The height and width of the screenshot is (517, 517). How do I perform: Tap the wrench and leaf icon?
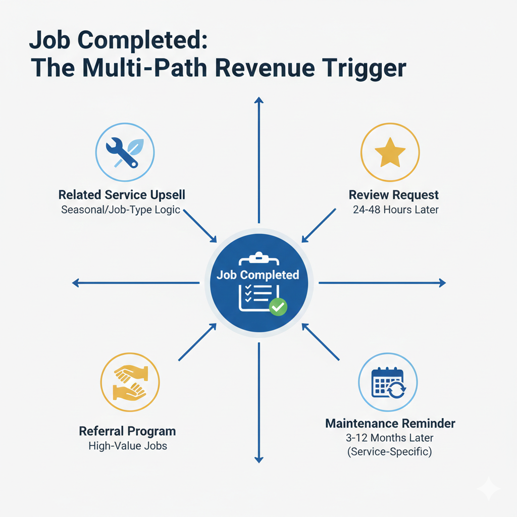click(x=125, y=152)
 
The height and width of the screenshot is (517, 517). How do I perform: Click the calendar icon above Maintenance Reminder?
click(x=388, y=382)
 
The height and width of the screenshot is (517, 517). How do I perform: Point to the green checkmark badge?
click(x=277, y=306)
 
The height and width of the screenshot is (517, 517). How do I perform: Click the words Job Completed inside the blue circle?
click(x=258, y=275)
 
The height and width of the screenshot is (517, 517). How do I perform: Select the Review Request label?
click(x=394, y=195)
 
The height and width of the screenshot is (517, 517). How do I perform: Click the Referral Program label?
click(x=127, y=431)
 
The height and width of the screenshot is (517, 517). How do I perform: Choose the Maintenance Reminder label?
click(x=390, y=423)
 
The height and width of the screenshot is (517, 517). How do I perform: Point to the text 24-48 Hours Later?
click(x=396, y=210)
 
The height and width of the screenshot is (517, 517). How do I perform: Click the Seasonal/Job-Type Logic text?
click(x=121, y=209)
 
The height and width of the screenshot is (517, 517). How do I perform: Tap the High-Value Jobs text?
click(x=127, y=446)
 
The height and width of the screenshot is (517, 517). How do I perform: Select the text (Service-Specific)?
click(x=389, y=451)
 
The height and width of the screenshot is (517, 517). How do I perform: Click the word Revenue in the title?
click(x=271, y=68)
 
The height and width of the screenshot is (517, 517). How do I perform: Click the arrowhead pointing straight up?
click(x=259, y=101)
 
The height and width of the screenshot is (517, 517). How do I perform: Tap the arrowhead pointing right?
click(x=442, y=283)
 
